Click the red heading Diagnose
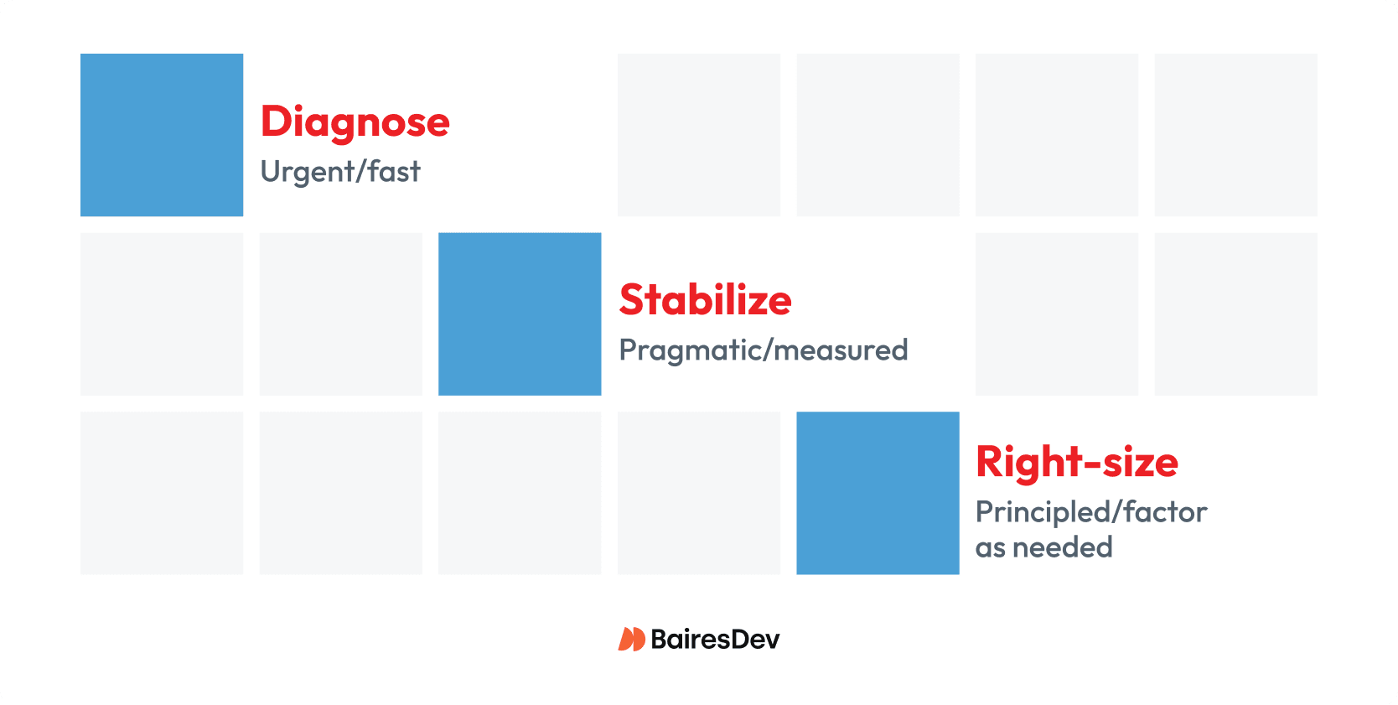coord(355,122)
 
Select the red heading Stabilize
coord(705,300)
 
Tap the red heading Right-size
coord(1076,462)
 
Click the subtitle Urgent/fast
coord(340,172)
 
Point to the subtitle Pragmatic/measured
coord(763,350)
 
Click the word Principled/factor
coord(1090,511)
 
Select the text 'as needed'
coord(1043,547)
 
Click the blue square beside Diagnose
coord(162,135)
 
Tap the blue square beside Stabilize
coord(520,314)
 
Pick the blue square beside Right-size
coord(878,493)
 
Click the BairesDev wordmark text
coord(715,640)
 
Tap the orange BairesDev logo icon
coord(631,640)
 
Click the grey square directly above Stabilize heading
coord(699,135)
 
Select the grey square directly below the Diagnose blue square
coord(162,314)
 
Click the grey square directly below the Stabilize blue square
coord(520,493)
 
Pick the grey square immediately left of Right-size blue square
coord(699,493)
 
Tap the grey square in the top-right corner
coord(1235,135)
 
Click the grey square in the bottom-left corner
coord(162,493)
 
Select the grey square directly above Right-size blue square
coord(878,135)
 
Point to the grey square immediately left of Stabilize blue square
coord(341,314)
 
